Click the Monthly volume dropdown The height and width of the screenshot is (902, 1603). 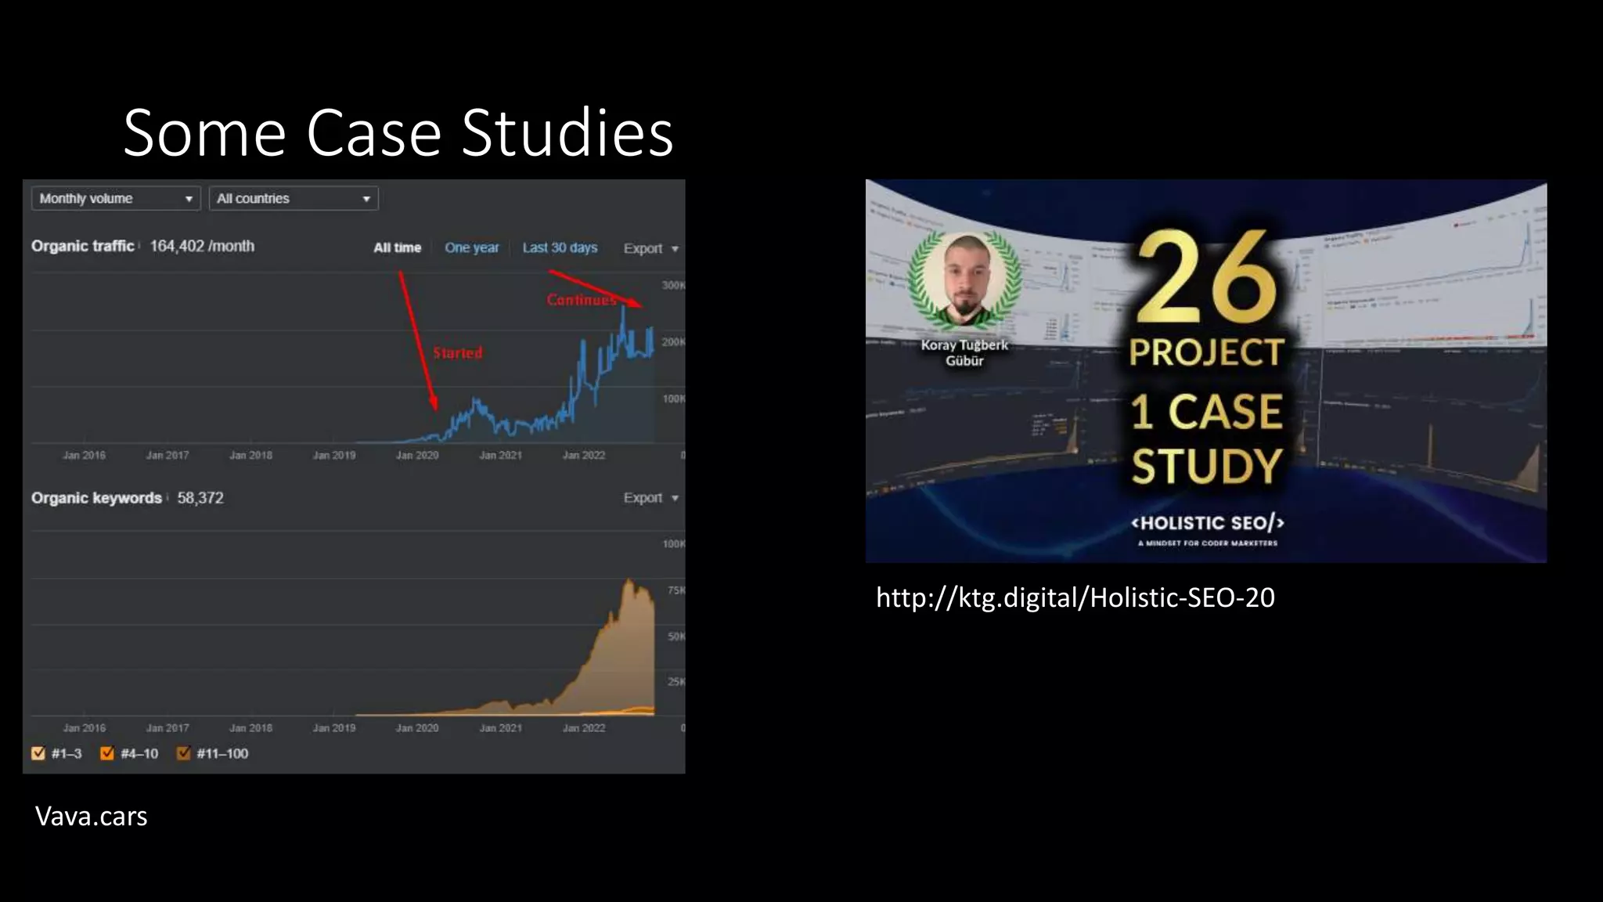coord(116,199)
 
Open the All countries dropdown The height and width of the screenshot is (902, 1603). coord(294,199)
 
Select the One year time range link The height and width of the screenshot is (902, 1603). coord(471,247)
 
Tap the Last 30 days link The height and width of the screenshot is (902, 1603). coord(560,247)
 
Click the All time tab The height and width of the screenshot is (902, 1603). coord(397,247)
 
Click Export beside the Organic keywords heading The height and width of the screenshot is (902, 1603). coord(650,498)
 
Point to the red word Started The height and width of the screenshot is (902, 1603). coord(458,353)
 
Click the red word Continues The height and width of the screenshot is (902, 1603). coord(581,300)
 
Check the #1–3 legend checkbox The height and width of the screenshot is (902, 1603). coord(38,753)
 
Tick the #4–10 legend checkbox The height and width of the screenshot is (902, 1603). coord(107,753)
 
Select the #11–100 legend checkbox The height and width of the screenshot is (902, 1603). coord(184,753)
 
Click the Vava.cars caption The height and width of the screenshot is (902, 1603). coord(91,816)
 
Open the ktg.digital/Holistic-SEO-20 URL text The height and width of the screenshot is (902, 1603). coord(1075,597)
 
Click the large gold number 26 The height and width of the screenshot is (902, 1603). coord(1205,278)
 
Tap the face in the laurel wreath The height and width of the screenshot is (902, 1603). coord(964,278)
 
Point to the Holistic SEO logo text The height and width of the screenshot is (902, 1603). coord(1207,523)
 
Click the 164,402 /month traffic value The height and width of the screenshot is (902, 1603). coord(202,246)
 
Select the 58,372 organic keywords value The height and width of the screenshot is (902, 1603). coord(200,498)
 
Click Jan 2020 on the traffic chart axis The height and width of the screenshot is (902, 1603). coord(417,455)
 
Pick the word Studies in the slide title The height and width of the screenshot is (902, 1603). coord(567,133)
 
